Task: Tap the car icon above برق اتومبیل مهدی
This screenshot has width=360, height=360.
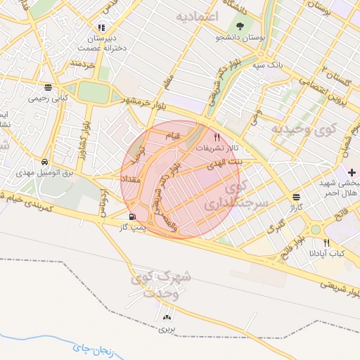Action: [44, 161]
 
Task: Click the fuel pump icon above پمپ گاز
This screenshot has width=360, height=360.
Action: [133, 217]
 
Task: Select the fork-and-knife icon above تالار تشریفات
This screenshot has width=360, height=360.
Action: [217, 138]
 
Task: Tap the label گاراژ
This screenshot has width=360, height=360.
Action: [294, 209]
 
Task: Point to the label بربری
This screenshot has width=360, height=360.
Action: [167, 329]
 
